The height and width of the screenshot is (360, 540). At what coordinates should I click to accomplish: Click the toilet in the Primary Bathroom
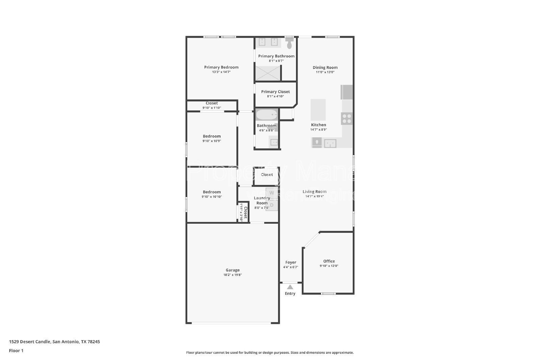(x=289, y=43)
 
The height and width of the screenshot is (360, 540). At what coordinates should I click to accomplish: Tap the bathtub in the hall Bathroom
(x=267, y=115)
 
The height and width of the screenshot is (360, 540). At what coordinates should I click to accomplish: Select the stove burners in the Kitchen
(x=347, y=118)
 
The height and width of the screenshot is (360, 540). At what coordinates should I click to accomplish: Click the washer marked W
(x=271, y=193)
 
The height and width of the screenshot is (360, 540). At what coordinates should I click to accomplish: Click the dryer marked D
(x=271, y=205)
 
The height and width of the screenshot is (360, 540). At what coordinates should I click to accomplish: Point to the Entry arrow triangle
(x=290, y=287)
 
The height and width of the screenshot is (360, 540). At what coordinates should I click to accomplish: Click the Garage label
(x=233, y=270)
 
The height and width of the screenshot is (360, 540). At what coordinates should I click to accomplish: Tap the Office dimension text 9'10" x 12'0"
(x=329, y=266)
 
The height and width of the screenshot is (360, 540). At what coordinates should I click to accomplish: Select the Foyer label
(x=291, y=262)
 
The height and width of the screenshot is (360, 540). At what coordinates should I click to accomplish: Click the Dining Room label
(x=325, y=67)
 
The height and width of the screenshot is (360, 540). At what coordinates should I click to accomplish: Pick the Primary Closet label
(x=275, y=92)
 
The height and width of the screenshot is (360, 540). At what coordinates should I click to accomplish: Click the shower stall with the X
(x=268, y=73)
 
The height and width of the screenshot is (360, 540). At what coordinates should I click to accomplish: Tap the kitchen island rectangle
(x=318, y=110)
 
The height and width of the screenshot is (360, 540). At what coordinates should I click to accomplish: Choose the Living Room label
(x=314, y=192)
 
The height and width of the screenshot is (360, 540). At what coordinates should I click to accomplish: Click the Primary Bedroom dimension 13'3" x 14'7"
(x=221, y=72)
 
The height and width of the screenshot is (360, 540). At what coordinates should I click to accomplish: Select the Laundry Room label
(x=262, y=200)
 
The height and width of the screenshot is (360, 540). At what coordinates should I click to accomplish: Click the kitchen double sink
(x=330, y=143)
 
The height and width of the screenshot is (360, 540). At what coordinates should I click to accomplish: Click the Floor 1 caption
(x=16, y=351)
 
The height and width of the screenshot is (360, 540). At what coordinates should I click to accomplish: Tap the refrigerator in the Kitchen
(x=347, y=92)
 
